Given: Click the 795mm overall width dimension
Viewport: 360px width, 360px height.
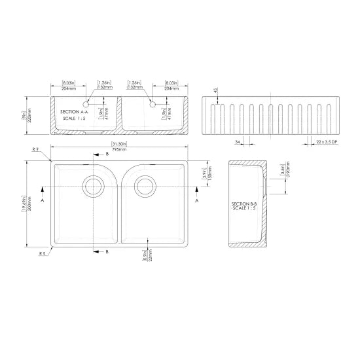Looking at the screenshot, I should click(120, 150).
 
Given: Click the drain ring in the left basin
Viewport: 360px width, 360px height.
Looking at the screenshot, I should click(92, 185).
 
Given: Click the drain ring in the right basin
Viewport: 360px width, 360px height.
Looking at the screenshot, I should click(145, 185).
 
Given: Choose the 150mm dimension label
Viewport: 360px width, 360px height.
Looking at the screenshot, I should click(210, 174).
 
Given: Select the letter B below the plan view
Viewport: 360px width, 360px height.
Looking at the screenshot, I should click(107, 251).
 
